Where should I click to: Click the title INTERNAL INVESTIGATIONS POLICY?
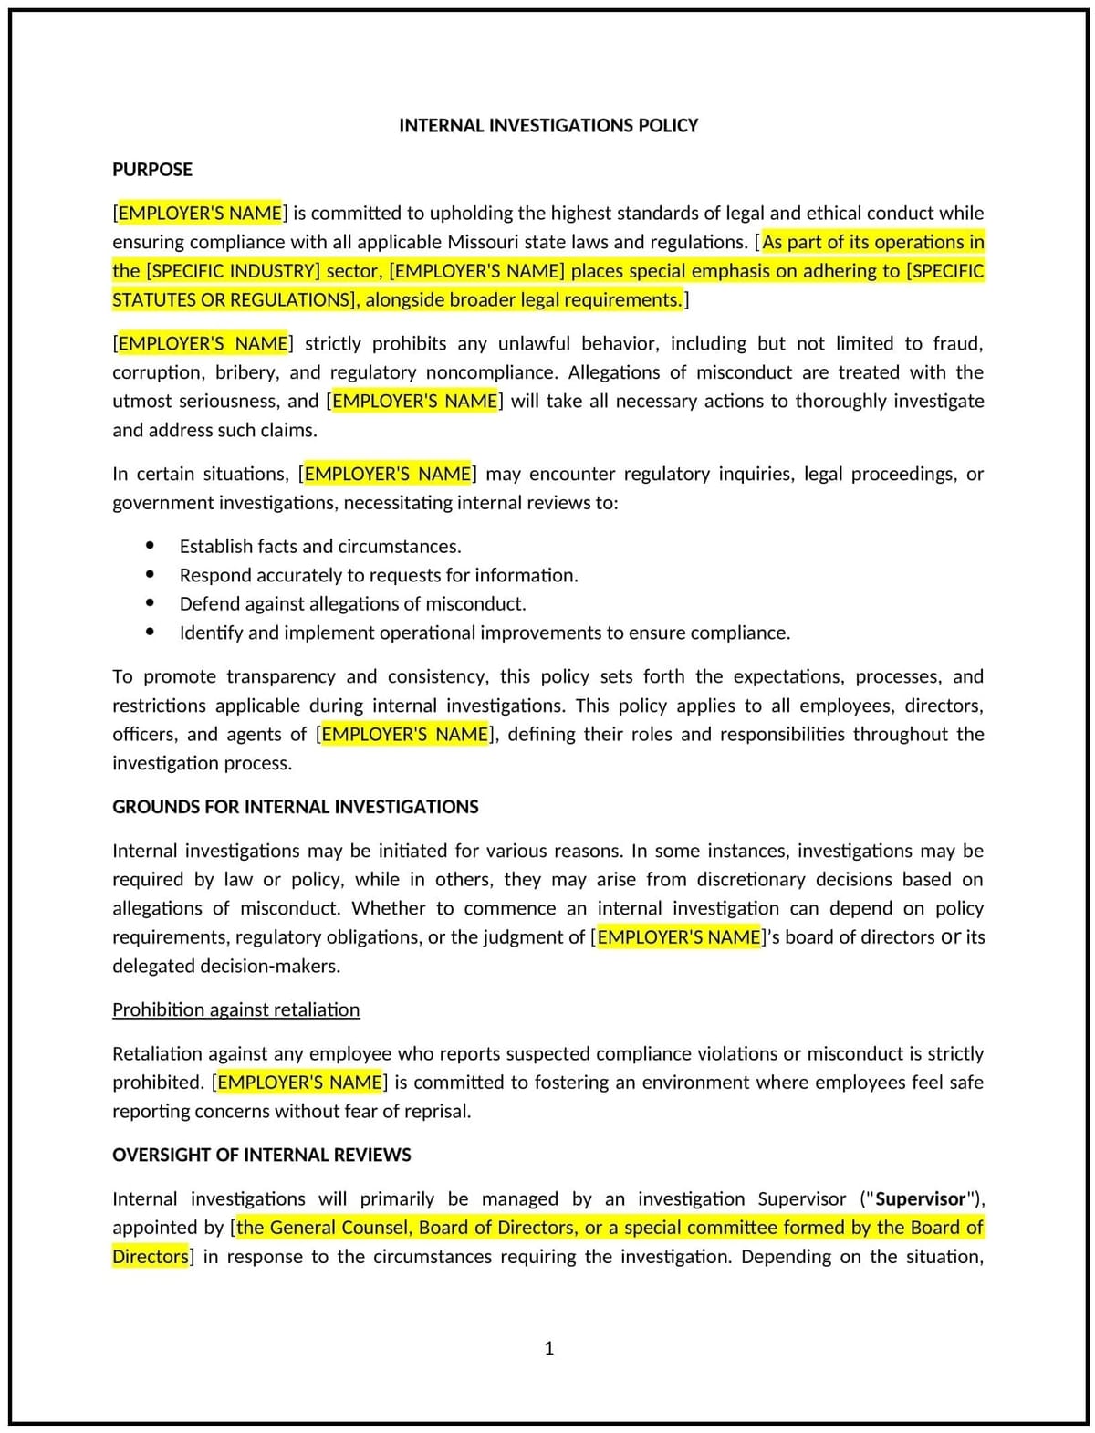(547, 125)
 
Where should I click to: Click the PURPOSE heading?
(151, 169)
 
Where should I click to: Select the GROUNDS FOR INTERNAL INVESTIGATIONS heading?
(295, 807)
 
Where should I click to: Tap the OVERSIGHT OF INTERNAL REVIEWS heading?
(261, 1155)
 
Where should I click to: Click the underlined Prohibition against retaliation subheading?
(235, 1009)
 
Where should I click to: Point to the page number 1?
(548, 1348)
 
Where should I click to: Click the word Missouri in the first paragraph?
(485, 242)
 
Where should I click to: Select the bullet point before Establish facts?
(151, 546)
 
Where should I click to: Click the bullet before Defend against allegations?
(151, 603)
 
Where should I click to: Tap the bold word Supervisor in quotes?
(920, 1198)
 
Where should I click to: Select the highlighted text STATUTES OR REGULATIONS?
(232, 300)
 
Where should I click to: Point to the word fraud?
(956, 343)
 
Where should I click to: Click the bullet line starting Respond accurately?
(379, 575)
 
